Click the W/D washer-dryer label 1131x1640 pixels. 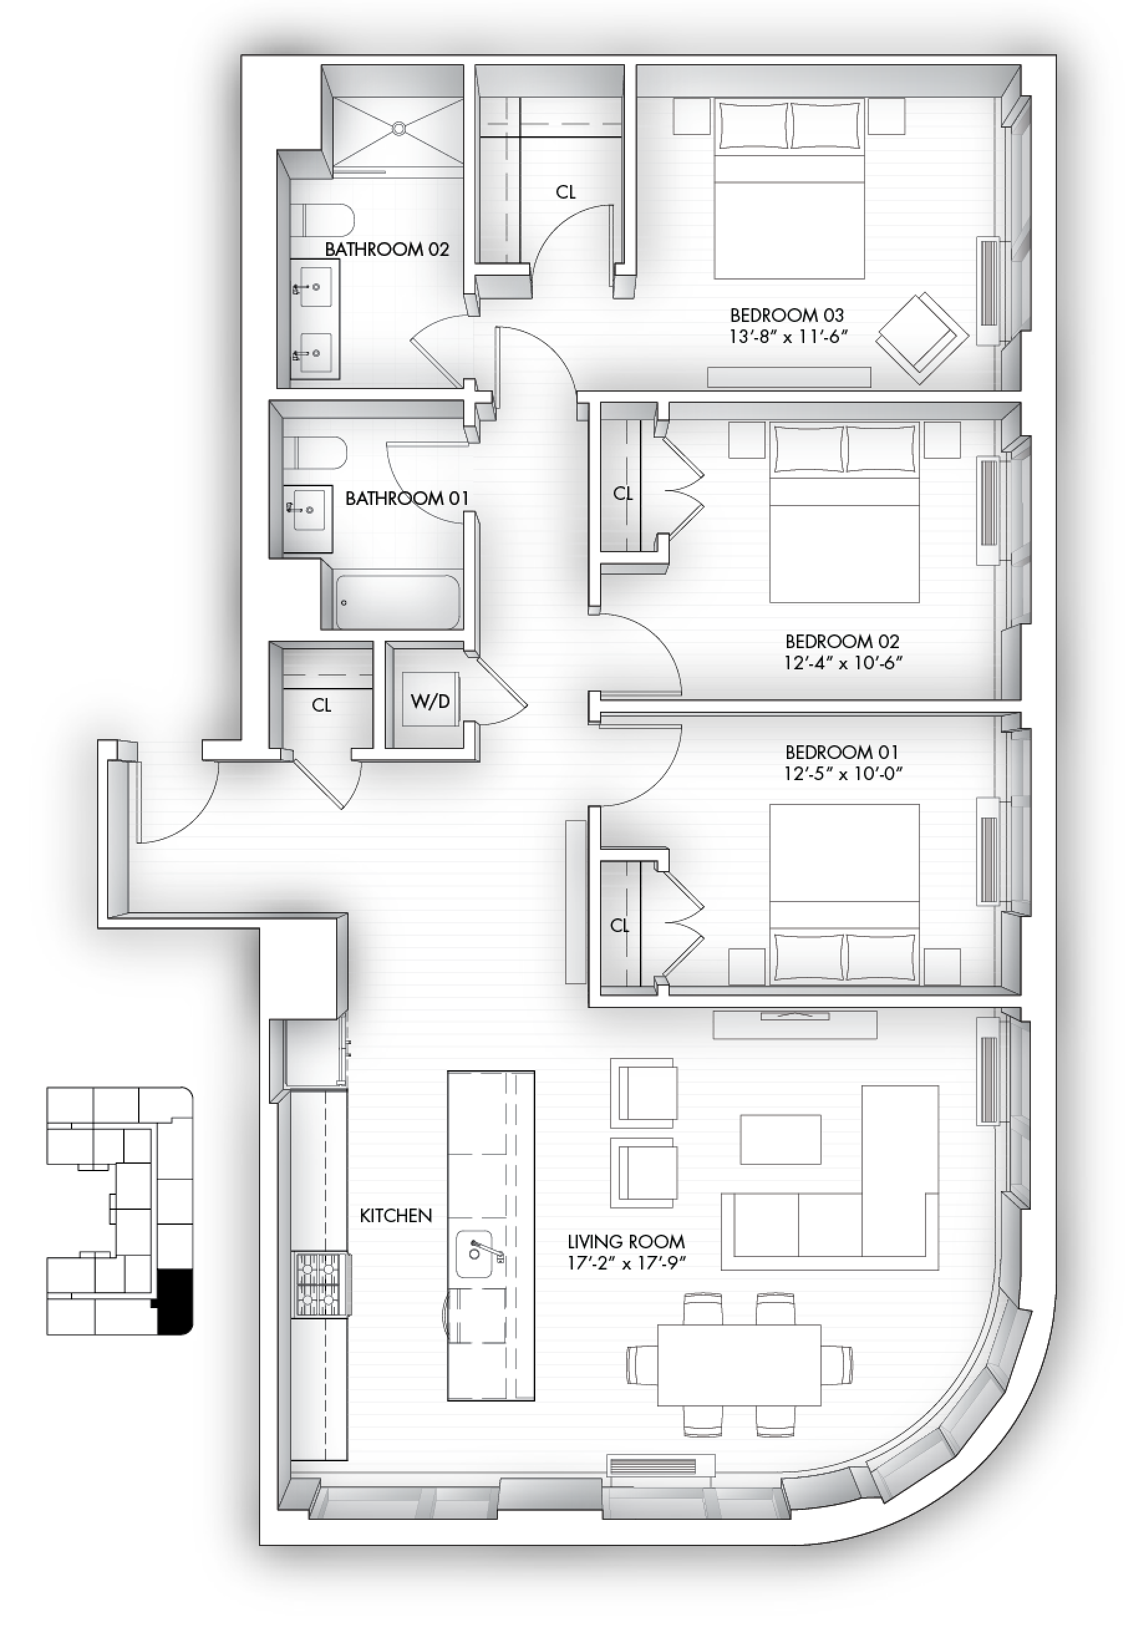click(430, 702)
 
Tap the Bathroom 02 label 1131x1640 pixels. click(387, 249)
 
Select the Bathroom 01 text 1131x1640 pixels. click(406, 498)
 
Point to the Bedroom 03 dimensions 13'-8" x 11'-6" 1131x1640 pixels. click(788, 336)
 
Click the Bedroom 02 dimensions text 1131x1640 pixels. click(843, 662)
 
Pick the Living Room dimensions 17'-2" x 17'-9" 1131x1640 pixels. click(626, 1262)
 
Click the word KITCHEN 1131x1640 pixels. click(395, 1215)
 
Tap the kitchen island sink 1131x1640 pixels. click(474, 1254)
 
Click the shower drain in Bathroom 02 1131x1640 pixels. click(400, 128)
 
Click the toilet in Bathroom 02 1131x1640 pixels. click(322, 221)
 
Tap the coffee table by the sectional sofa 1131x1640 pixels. click(780, 1139)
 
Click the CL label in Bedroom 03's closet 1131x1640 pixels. click(565, 192)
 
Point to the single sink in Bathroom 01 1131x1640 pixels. click(307, 508)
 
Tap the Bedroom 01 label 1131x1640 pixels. click(842, 752)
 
